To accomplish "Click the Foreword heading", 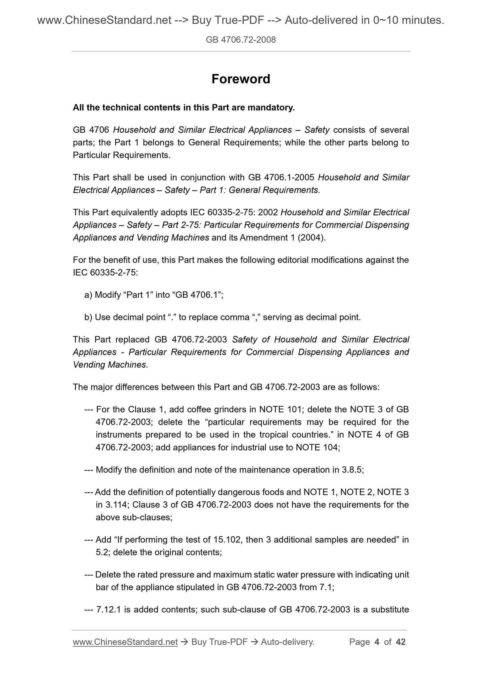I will (x=240, y=79).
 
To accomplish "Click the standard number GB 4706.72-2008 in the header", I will (x=240, y=40).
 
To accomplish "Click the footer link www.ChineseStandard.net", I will (x=125, y=642).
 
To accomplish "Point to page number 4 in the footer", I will (x=377, y=642).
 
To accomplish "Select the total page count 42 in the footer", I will (x=400, y=642).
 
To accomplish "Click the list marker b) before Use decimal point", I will (x=88, y=317).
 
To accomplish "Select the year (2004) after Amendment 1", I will (x=313, y=238).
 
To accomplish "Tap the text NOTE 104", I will (x=317, y=447).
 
